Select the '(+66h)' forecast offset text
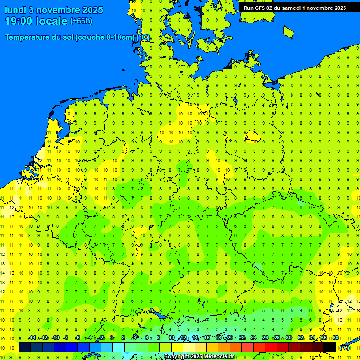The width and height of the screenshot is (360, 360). [x=81, y=21]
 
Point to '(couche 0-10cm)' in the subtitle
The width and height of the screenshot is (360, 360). [x=104, y=37]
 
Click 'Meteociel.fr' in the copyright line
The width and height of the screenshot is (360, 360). [x=218, y=357]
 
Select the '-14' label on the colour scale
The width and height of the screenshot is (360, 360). [x=32, y=337]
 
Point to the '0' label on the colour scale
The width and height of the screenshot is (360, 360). [x=112, y=337]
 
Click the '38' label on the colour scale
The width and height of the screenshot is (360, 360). [x=336, y=337]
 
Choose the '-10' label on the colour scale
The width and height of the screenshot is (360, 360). [x=55, y=337]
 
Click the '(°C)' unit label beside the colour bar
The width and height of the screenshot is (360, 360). [x=345, y=347]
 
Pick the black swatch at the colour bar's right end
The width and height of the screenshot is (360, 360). [x=330, y=347]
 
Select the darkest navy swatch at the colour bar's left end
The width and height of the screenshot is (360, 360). [x=24, y=347]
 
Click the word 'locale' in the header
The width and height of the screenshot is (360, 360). [x=53, y=22]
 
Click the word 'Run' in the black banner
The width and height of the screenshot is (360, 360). [x=249, y=8]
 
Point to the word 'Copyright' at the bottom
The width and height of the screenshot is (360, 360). [x=177, y=357]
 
